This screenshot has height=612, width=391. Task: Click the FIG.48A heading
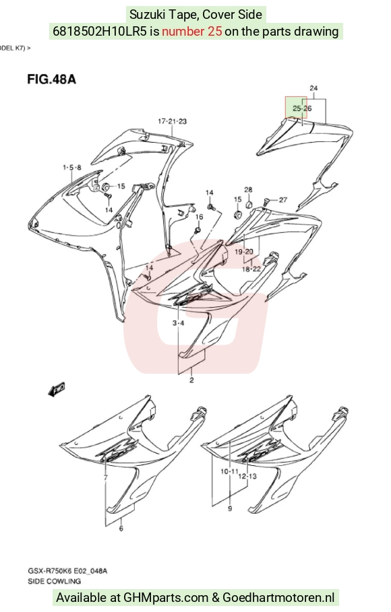coord(51,79)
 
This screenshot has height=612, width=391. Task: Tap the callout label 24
coord(313,88)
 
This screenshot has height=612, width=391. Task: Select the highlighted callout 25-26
coord(302,108)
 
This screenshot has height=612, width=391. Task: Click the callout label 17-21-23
coord(172,121)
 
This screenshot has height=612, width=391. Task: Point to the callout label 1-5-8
coord(72,168)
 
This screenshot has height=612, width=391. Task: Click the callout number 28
coord(248,190)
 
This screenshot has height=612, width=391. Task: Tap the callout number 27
coord(283,200)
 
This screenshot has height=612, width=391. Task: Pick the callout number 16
coord(199,217)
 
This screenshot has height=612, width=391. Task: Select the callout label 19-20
coord(244,252)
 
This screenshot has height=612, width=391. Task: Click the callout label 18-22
coord(251,269)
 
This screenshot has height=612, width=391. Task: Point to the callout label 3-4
coord(178,323)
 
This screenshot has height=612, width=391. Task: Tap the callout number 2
coord(191,380)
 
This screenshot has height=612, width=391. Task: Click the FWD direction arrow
coord(57,389)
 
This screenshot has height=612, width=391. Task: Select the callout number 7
coord(106,478)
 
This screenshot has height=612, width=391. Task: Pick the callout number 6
coord(121,529)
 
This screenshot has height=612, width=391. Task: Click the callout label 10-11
coord(229,471)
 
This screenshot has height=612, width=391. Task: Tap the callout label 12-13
coord(247,476)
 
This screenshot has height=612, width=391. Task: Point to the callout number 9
coord(230,508)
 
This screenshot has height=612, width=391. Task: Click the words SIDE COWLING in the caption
coord(55,581)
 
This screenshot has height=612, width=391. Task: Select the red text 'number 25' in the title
coord(192,31)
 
